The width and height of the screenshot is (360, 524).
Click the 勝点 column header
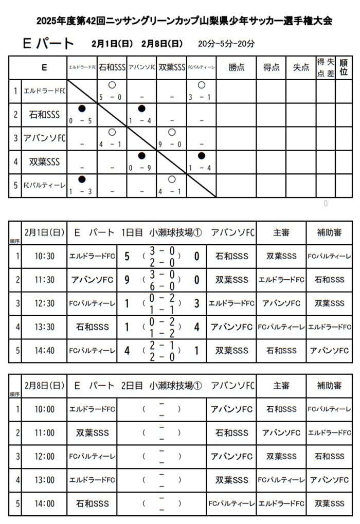tap(237, 67)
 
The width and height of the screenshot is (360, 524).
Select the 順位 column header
tap(344, 67)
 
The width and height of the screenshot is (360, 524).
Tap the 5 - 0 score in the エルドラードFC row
tap(111, 97)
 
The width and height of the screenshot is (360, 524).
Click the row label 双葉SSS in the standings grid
tap(45, 162)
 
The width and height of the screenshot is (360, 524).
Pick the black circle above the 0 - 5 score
tap(82, 109)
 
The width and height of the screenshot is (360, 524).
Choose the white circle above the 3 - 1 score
tap(201, 85)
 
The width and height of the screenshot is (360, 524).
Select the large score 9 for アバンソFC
tap(127, 280)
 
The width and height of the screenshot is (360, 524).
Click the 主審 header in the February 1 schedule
tap(281, 232)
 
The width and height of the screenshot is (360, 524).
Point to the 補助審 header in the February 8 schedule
tap(329, 385)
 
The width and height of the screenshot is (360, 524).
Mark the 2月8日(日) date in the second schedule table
tap(44, 385)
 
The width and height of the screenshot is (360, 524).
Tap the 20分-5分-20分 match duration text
tap(226, 44)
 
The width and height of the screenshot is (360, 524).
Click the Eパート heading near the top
tap(48, 44)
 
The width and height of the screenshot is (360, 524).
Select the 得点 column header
tap(272, 67)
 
